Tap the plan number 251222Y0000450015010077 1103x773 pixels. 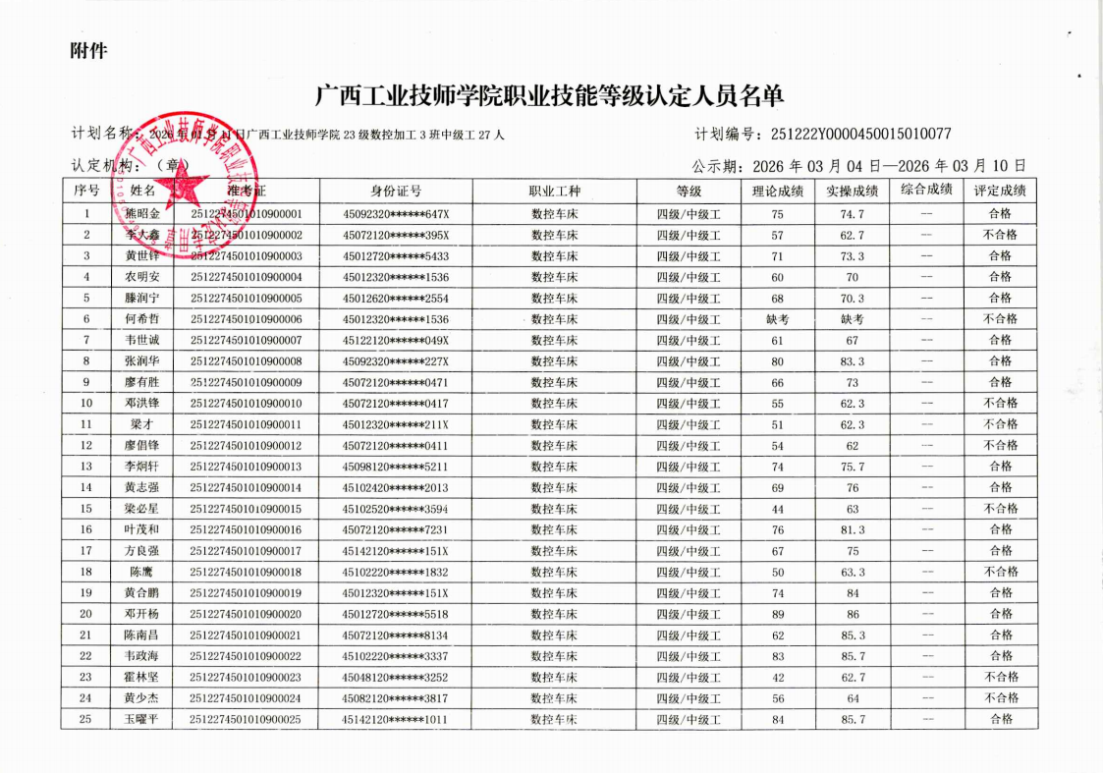pos(860,135)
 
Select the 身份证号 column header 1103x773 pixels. pos(396,191)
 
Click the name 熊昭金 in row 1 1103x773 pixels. pos(142,213)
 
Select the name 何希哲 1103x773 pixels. pos(142,319)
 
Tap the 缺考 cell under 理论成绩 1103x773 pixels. pos(778,319)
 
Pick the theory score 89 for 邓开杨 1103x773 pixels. pos(778,614)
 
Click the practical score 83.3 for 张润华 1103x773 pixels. pos(853,361)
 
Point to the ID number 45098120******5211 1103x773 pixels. pos(396,467)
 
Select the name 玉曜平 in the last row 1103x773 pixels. pos(142,720)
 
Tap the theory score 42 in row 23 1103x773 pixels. pos(778,677)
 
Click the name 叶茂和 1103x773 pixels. pos(142,529)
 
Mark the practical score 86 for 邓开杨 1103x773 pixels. pos(853,614)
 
